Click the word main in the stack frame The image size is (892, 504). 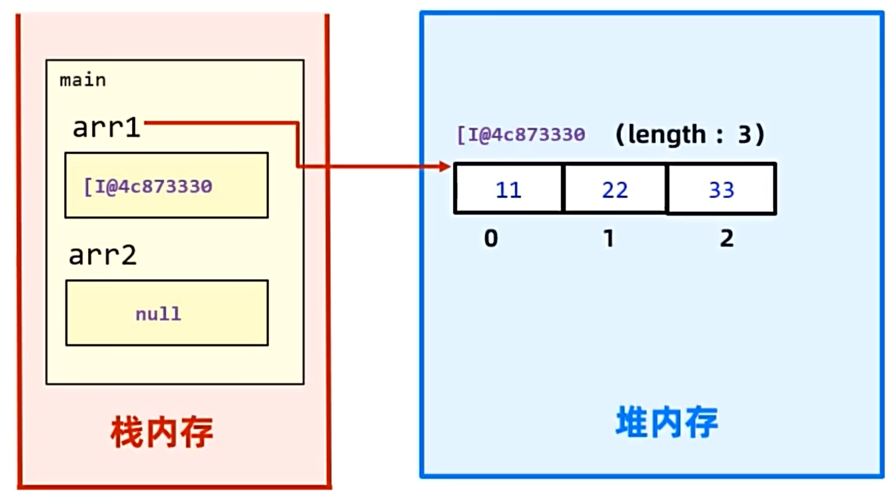point(82,80)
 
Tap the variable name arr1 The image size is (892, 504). point(107,128)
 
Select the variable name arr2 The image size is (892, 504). point(102,255)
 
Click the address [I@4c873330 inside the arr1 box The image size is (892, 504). point(148,186)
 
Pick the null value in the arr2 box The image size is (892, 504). point(158,313)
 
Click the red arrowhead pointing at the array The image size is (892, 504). point(444,166)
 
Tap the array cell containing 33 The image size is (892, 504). point(721,189)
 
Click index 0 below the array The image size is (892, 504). point(491,238)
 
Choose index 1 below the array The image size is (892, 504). point(609,238)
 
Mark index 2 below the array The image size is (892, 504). point(726,238)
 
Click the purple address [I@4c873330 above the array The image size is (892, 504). point(521,135)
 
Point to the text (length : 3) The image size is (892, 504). point(689,135)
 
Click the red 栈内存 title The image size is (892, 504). point(162,432)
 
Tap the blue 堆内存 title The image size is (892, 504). point(667,423)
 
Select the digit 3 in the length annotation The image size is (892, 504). point(744,135)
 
